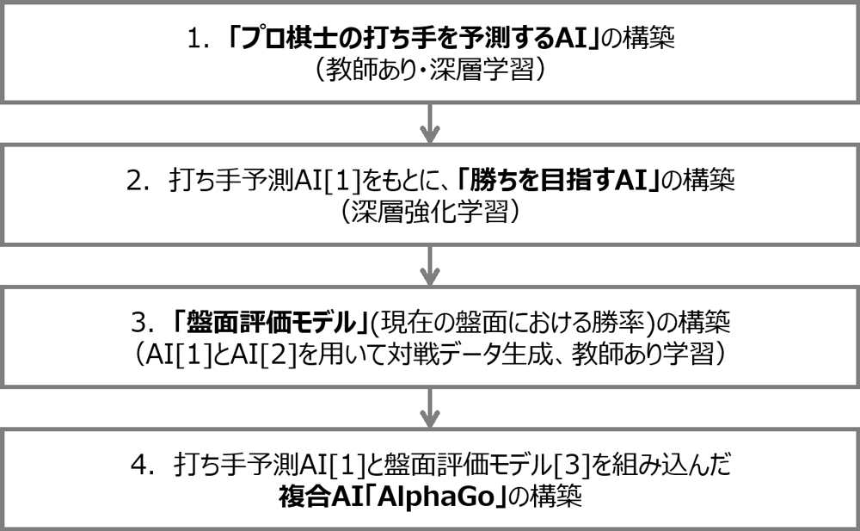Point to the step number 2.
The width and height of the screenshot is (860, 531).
point(138,182)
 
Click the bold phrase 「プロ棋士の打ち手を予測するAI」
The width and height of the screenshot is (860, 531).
point(413,40)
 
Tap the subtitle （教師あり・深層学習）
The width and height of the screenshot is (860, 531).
point(430,71)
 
